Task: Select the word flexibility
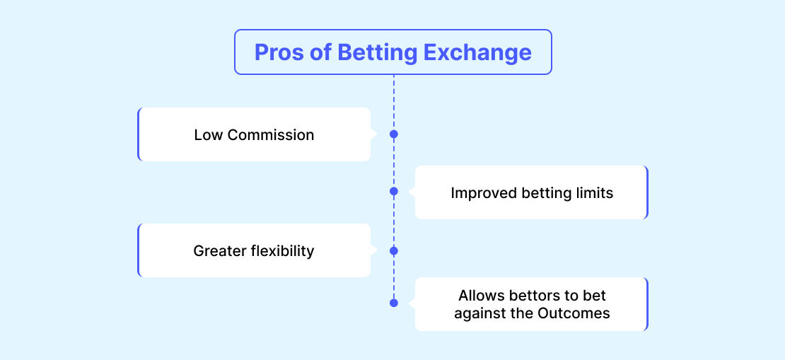pyautogui.click(x=283, y=251)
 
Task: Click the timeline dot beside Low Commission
pyautogui.click(x=393, y=134)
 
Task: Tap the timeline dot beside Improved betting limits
pyautogui.click(x=393, y=191)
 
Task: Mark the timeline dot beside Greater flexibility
pyautogui.click(x=393, y=250)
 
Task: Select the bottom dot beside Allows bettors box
pyautogui.click(x=393, y=303)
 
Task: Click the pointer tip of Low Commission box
pyautogui.click(x=377, y=134)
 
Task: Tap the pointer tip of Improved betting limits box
pyautogui.click(x=409, y=191)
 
